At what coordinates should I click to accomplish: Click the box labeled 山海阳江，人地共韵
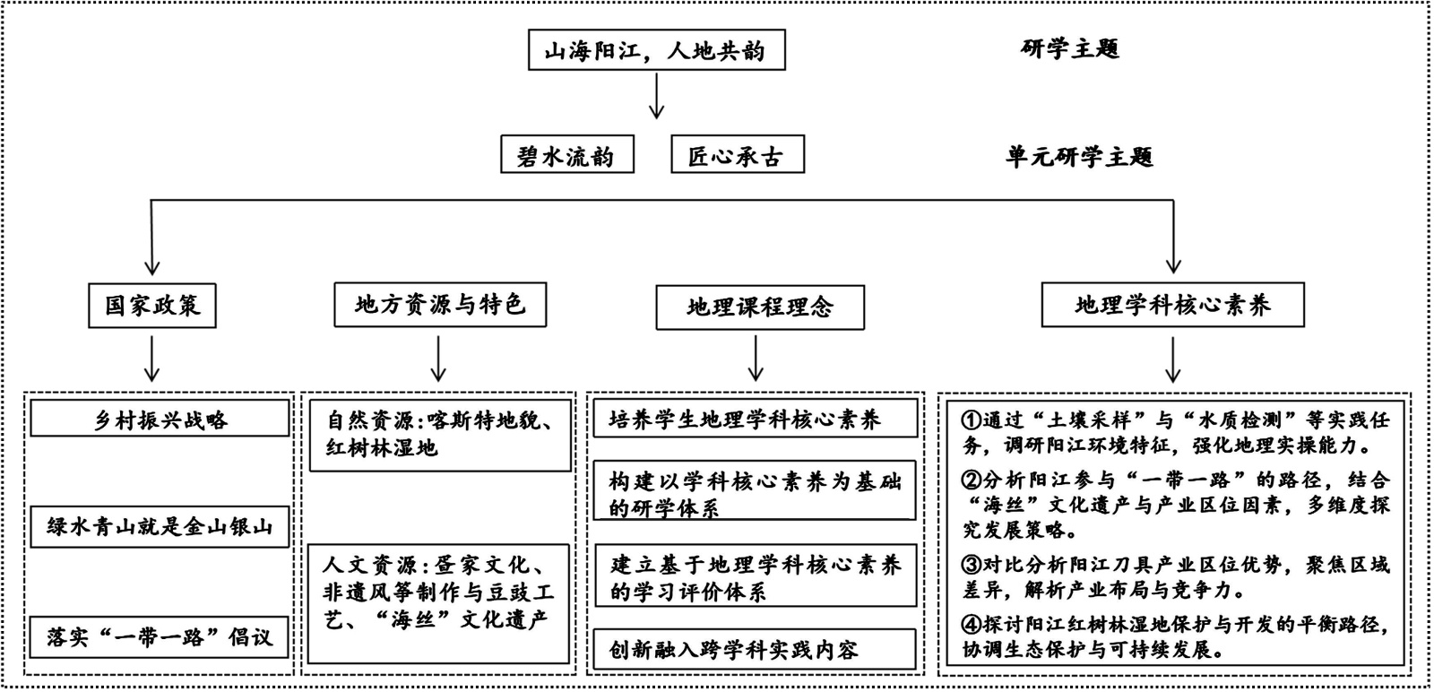pos(656,50)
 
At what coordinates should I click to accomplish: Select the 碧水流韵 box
pos(567,155)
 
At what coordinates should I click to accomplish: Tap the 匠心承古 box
pos(737,155)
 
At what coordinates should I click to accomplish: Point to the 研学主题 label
pos(1070,48)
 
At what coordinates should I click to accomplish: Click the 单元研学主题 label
pos(1079,157)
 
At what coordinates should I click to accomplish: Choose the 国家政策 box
pos(152,306)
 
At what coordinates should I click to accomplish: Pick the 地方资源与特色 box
pos(439,305)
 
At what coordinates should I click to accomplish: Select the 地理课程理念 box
pos(760,307)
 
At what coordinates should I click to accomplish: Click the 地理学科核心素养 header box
pos(1172,306)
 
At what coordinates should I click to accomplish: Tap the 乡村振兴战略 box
pos(160,419)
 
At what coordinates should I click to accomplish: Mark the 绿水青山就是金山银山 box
pos(160,527)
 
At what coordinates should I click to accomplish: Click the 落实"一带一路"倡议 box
pos(160,637)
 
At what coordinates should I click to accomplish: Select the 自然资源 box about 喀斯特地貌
pos(439,435)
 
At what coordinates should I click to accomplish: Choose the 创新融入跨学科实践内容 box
pos(755,649)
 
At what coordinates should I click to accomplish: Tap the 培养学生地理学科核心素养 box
pos(755,419)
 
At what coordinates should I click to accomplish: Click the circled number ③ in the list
pos(972,566)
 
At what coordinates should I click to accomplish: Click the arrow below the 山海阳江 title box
pos(656,96)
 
